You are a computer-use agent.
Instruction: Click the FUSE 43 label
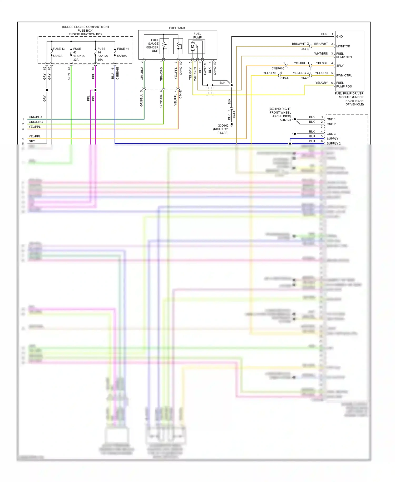click(x=59, y=49)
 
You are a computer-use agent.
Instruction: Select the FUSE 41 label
click(x=123, y=49)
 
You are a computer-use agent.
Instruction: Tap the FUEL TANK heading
click(x=177, y=28)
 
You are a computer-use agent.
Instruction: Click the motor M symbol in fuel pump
click(x=192, y=47)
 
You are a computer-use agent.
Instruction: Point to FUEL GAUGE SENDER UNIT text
click(x=153, y=45)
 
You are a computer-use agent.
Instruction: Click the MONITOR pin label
click(x=343, y=46)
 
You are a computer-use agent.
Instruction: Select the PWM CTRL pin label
click(x=344, y=75)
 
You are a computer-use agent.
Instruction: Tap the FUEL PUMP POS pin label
click(x=344, y=85)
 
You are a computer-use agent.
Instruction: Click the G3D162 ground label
click(x=223, y=126)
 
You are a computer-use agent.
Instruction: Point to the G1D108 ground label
click(x=285, y=120)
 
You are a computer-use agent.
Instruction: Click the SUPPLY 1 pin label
click(x=333, y=139)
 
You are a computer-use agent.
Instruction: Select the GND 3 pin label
click(x=331, y=134)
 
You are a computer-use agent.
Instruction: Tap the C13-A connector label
click(x=284, y=78)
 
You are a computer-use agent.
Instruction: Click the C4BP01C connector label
click(x=278, y=69)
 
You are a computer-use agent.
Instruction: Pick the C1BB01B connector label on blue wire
click(x=118, y=73)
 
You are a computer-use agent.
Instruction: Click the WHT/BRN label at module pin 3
click(x=321, y=54)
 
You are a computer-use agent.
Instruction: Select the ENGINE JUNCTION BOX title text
click(x=85, y=34)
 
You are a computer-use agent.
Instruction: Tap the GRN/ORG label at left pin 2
click(x=36, y=122)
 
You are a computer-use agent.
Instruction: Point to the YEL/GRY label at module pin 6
click(x=322, y=83)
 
